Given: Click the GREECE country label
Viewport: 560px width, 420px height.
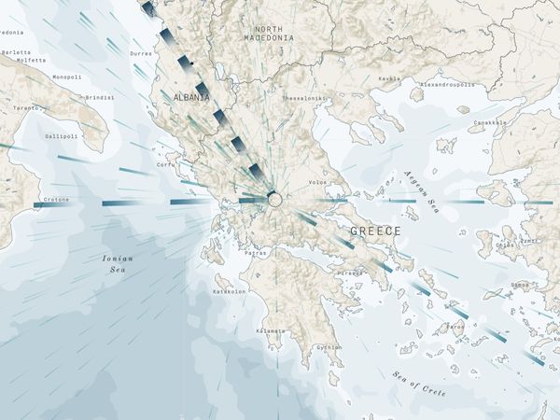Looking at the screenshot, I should click(375, 231).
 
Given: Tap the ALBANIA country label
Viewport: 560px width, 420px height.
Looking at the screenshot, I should click(190, 97).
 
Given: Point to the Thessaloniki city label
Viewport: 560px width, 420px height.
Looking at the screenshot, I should click(304, 98).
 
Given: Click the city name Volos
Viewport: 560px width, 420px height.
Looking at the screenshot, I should click(318, 183).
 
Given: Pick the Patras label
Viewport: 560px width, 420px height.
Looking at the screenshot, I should click(255, 253).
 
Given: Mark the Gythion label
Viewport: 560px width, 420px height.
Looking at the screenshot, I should click(329, 347).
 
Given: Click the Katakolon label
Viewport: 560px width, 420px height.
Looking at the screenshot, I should click(230, 291).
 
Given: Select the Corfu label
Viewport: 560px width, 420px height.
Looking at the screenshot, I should click(166, 165).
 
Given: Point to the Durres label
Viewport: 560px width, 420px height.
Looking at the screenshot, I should click(142, 54).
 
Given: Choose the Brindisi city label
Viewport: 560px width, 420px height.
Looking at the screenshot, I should click(100, 97).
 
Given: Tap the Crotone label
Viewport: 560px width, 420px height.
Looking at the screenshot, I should click(56, 199).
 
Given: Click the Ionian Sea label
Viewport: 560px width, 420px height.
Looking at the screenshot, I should click(119, 262).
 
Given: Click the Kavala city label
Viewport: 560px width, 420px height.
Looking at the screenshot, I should click(389, 78).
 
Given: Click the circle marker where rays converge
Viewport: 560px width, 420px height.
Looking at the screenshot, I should click(274, 199).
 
